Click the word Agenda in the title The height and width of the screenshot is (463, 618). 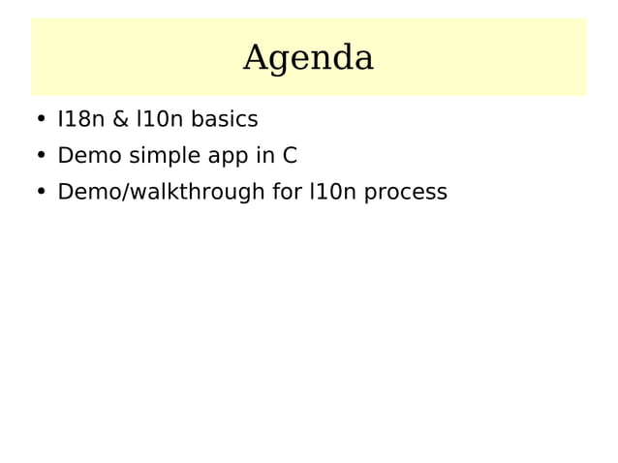click(308, 59)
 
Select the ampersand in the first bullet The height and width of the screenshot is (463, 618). click(122, 120)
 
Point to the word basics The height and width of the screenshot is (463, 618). click(225, 120)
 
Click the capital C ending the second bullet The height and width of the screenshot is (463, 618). click(289, 156)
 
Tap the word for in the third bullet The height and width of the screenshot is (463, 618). click(287, 192)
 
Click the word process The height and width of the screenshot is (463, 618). click(406, 193)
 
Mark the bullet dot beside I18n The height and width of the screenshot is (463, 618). click(41, 121)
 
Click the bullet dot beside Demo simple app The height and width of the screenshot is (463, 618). click(41, 157)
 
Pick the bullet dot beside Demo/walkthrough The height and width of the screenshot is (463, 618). click(41, 193)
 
